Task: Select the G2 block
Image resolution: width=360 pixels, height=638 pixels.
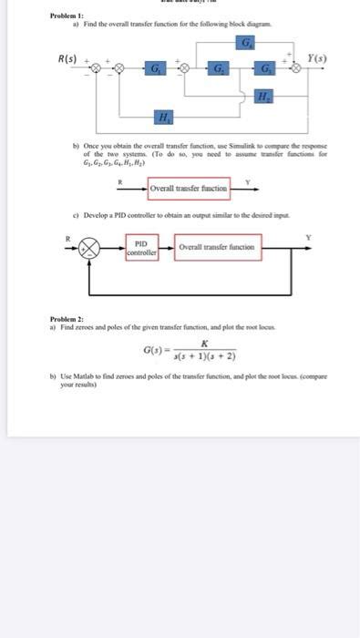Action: [x=220, y=69]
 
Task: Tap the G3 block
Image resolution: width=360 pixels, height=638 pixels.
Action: [x=266, y=69]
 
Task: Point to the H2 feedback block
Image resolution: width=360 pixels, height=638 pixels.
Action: [x=264, y=97]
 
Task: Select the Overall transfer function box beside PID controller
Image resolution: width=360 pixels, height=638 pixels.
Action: [x=217, y=247]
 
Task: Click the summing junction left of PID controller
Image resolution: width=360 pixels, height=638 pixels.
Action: [x=88, y=248]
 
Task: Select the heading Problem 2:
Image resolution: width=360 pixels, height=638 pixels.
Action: [x=67, y=319]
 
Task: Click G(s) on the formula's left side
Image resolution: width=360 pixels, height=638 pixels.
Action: [x=155, y=350]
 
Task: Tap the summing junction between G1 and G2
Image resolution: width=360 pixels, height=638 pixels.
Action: [x=186, y=69]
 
